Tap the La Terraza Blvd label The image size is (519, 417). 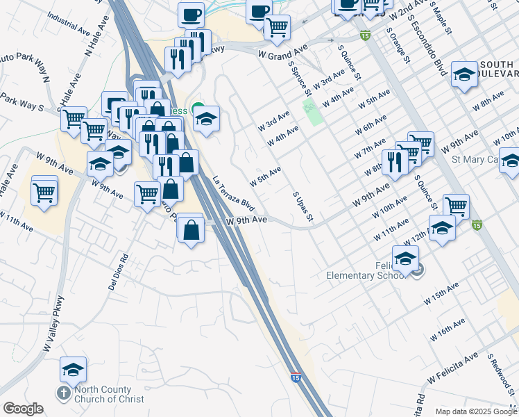235,193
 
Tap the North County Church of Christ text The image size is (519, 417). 109,394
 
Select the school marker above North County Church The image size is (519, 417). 73,369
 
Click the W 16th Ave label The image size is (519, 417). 450,329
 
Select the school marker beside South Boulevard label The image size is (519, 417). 463,74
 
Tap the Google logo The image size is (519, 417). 23,409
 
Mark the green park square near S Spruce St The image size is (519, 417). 314,111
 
